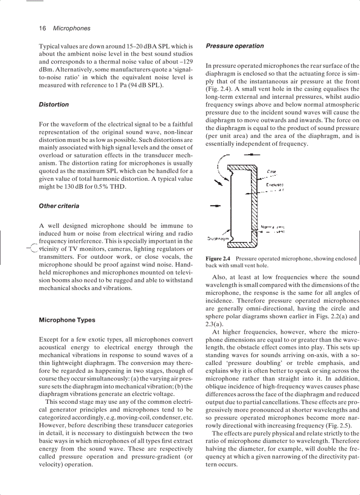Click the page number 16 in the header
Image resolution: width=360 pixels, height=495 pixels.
42,28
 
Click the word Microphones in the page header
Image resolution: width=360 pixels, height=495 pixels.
71,28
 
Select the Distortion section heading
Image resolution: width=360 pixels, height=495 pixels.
54,104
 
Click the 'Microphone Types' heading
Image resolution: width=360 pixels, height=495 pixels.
67,320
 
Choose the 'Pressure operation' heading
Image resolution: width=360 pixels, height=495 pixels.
235,46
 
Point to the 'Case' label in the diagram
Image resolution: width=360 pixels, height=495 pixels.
272,171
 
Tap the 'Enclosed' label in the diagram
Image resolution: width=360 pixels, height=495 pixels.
274,185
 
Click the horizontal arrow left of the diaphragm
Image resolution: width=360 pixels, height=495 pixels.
215,206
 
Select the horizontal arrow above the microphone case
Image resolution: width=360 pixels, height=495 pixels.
251,155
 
